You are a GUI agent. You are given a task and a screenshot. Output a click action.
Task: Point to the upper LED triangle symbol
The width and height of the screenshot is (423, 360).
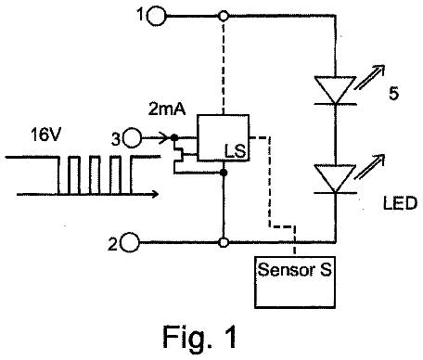coord(335,90)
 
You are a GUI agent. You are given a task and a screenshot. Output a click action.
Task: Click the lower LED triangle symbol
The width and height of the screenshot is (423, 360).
coord(335,179)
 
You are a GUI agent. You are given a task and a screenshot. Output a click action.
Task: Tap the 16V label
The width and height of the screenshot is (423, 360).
coord(45,135)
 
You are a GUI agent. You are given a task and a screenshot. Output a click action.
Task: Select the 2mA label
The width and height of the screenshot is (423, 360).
coord(167,109)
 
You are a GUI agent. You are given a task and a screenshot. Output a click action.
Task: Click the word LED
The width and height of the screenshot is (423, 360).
coord(400,203)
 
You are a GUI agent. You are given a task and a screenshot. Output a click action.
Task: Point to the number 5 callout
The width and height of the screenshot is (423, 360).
coord(393,94)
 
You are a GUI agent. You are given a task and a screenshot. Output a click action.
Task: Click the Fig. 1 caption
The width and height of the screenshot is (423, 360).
coord(199,337)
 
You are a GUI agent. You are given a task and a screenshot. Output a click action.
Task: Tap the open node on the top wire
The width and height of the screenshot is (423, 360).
coord(224,16)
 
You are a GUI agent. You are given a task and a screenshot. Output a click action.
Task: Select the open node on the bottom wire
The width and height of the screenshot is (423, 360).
coord(224,242)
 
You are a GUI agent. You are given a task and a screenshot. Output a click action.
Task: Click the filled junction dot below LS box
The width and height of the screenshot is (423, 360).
coord(224,173)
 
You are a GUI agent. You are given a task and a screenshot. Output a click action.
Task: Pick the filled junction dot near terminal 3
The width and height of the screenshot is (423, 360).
coord(174,137)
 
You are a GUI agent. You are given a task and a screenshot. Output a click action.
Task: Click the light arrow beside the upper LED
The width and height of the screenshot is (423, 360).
coord(369,77)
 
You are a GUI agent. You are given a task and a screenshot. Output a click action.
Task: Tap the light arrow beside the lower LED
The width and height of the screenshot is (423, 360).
coord(369,166)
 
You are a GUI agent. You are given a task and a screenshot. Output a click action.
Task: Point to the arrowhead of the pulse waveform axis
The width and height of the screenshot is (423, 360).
coord(155,194)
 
